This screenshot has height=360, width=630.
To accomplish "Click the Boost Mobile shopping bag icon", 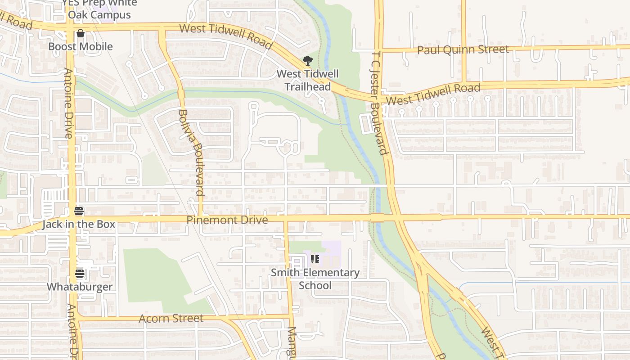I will pos(81,33).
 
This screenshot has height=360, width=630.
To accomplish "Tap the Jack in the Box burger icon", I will pos(79,211).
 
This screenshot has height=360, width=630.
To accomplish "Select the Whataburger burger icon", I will pos(80,274).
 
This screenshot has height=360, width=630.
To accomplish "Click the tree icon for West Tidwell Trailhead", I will pos(307,61).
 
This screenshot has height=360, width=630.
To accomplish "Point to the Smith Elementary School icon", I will pos(315,259).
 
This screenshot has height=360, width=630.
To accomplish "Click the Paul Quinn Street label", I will pos(463,49).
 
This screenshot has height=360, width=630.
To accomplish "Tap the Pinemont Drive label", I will pos(227,220).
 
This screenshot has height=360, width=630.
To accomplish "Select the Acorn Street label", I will pos(171,319).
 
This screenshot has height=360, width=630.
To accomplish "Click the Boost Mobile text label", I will pos(81,46).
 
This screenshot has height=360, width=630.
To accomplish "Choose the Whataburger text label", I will pos(80,287).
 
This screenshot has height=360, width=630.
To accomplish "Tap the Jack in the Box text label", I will pos(79,224).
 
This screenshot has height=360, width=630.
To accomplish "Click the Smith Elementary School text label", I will pos(315,279).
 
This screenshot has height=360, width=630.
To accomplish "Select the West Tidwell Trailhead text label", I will pos(307,80).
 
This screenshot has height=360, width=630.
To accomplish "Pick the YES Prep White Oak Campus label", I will pos(99,9).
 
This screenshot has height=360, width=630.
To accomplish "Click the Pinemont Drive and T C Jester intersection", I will pos(395,217).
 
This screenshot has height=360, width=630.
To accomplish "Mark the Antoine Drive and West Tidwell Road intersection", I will pos(71,27).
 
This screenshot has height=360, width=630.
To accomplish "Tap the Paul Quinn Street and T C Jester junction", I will pos(379,50).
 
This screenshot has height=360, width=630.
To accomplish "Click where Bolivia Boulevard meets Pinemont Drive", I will pos(201,219).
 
